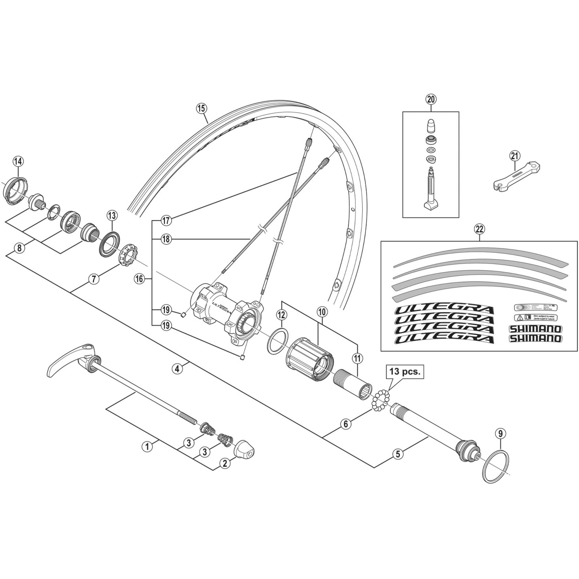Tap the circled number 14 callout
click(x=18, y=161)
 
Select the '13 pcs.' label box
click(x=405, y=372)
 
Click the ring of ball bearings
click(x=380, y=398)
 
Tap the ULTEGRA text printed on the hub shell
click(x=221, y=306)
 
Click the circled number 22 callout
click(x=479, y=229)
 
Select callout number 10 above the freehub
click(x=322, y=312)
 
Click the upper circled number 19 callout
click(x=166, y=310)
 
